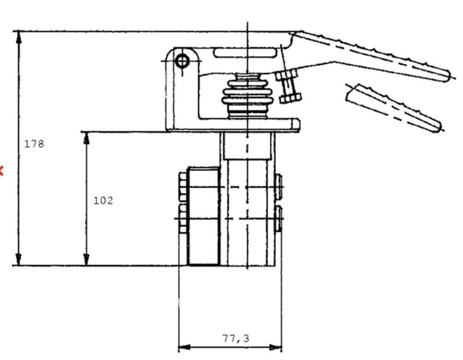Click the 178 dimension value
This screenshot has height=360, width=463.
(34, 144)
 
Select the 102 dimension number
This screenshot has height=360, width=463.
(103, 200)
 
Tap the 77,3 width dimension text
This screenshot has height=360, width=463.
(236, 338)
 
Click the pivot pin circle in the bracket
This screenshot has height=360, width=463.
(182, 61)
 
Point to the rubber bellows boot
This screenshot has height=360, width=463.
(248, 96)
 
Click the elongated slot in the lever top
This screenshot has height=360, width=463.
(245, 53)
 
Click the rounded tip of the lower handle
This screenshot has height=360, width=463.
(437, 127)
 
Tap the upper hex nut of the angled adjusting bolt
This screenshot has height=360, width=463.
(286, 76)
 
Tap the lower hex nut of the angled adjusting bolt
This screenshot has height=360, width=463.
(290, 98)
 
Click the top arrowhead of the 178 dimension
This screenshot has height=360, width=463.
(19, 38)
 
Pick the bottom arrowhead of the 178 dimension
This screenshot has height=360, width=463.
(19, 259)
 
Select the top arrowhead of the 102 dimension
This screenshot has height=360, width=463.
(86, 138)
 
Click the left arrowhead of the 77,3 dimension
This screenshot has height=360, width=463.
(185, 347)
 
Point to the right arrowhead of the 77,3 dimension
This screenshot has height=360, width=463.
(275, 347)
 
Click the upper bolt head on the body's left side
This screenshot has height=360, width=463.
(183, 187)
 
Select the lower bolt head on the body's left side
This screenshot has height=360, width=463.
(183, 218)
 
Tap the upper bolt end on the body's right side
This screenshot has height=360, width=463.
(278, 187)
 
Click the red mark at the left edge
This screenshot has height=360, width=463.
(1, 170)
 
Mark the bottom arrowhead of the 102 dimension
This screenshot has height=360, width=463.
(86, 259)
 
